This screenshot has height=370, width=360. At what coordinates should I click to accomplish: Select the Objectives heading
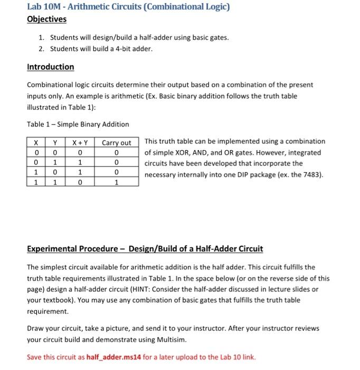pyautogui.click(x=46, y=19)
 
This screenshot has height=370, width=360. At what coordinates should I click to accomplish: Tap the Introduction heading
pyautogui.click(x=50, y=67)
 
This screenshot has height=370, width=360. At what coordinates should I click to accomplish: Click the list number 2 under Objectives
pyautogui.click(x=42, y=49)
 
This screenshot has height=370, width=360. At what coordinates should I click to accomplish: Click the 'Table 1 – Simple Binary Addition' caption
pyautogui.click(x=78, y=124)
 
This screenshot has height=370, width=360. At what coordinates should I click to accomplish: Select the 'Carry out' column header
pyautogui.click(x=116, y=143)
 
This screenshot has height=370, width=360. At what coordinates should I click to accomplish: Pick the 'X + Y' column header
pyautogui.click(x=79, y=143)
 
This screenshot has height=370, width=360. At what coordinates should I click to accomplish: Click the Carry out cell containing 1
pyautogui.click(x=116, y=182)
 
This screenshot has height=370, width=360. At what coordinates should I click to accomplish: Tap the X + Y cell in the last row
pyautogui.click(x=79, y=182)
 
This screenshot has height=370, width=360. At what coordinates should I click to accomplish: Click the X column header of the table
pyautogui.click(x=35, y=143)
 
